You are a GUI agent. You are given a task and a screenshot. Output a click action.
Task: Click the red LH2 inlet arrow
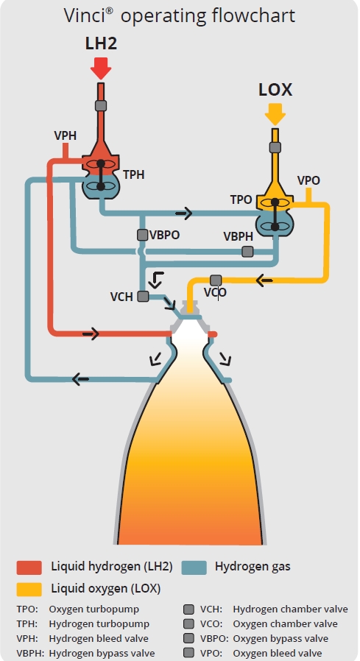pos(101,68)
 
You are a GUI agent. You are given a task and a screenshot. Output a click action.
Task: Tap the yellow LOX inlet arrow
pos(275,114)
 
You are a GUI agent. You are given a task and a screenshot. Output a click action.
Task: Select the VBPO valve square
pos(143,235)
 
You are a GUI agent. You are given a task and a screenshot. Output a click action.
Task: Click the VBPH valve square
pos(247,252)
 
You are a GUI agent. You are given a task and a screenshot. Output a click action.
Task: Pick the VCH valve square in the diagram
pos(143,297)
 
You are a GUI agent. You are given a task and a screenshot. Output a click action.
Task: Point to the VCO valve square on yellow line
pos(216,280)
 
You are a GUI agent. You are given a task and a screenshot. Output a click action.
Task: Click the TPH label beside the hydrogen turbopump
pos(134,175)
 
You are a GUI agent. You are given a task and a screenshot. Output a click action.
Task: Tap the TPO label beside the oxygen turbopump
pos(241,199)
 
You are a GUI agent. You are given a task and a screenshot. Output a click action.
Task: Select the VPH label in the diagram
pos(66,135)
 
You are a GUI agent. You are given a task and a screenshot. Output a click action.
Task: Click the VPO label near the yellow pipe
pos(308,180)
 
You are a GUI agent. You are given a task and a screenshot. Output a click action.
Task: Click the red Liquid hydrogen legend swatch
pos(29,568)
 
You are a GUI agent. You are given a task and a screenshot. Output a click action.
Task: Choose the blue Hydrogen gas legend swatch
pos(194,568)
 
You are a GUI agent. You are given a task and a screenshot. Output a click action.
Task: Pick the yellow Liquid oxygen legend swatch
pos(29,590)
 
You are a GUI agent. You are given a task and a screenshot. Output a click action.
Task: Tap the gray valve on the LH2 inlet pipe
pos(101,105)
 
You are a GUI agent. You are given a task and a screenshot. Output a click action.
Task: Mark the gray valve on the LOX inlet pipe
pos(275,147)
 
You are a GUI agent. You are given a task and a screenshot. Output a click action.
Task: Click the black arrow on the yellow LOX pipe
pos(264,280)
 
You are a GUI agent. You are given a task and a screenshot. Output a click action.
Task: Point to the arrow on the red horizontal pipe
pos(91,334)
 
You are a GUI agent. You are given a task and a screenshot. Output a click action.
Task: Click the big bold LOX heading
pos(275,91)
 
